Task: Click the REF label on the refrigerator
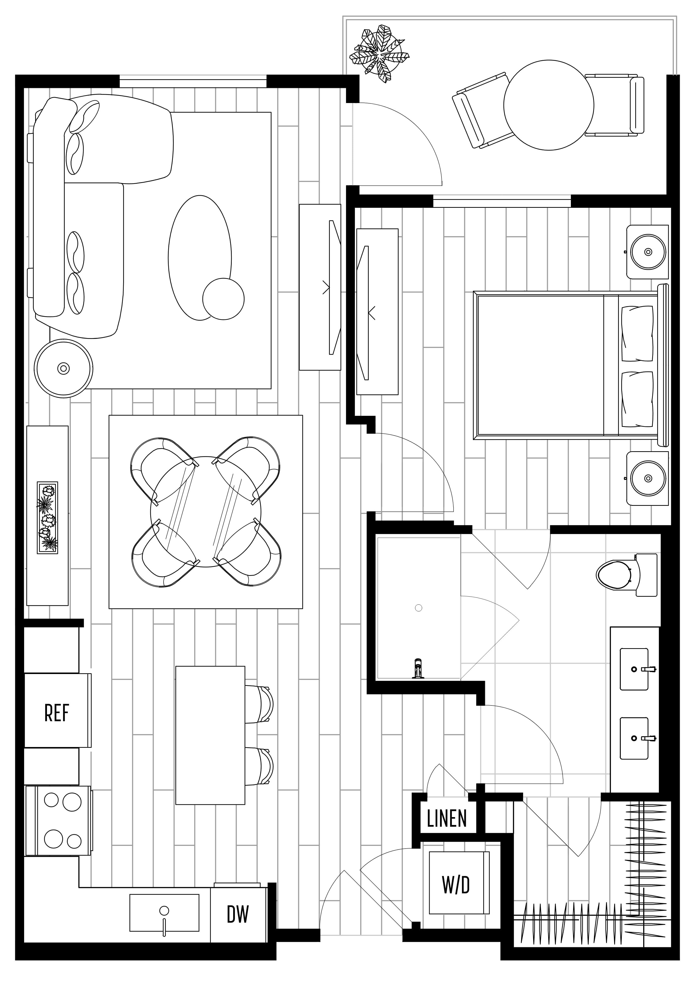tap(57, 713)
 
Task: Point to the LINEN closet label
tap(447, 819)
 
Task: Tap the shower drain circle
tap(418, 608)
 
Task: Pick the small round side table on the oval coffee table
tap(223, 299)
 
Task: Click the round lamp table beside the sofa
tap(64, 368)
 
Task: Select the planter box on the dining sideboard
tap(47, 517)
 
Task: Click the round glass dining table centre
tap(206, 512)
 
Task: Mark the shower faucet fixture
tap(417, 669)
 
